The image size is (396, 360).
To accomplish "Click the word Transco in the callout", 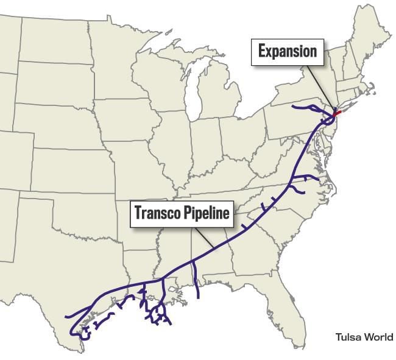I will pos(157,214).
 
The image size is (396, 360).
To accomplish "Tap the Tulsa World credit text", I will pos(364,337).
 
